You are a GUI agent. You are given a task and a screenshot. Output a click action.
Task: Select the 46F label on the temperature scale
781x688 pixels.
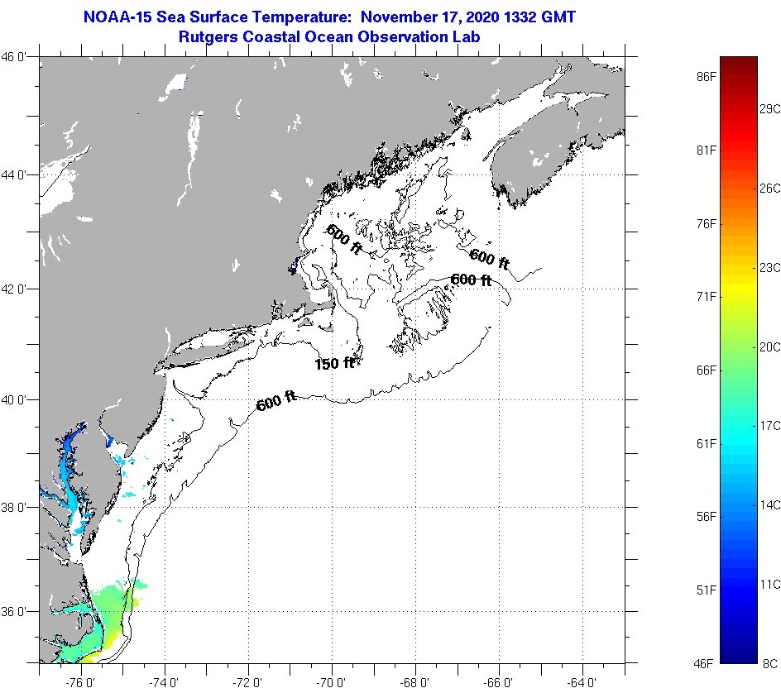705,662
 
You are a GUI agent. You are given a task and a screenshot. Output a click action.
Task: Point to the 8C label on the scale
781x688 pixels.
769,662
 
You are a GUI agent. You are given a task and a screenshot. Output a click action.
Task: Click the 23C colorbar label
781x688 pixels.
769,267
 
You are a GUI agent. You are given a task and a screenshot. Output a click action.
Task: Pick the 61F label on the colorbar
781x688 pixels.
705,444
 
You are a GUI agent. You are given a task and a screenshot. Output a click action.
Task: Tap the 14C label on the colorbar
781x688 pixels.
769,504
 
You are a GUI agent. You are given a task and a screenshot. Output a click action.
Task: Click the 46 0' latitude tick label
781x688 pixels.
18,57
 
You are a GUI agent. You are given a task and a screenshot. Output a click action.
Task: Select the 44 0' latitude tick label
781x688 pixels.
18,175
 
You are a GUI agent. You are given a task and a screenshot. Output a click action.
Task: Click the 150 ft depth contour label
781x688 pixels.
334,363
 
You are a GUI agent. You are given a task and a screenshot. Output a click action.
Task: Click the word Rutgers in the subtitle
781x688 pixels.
208,37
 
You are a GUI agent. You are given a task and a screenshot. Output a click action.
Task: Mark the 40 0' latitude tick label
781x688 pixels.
18,399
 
